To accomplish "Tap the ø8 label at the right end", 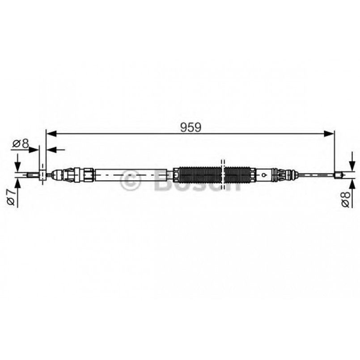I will pos(345,198).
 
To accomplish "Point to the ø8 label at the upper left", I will pos(21,144).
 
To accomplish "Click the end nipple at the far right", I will pos(339,175).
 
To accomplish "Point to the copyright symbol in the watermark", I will pos(131,182).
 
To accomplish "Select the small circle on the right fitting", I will pos(265,174).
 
